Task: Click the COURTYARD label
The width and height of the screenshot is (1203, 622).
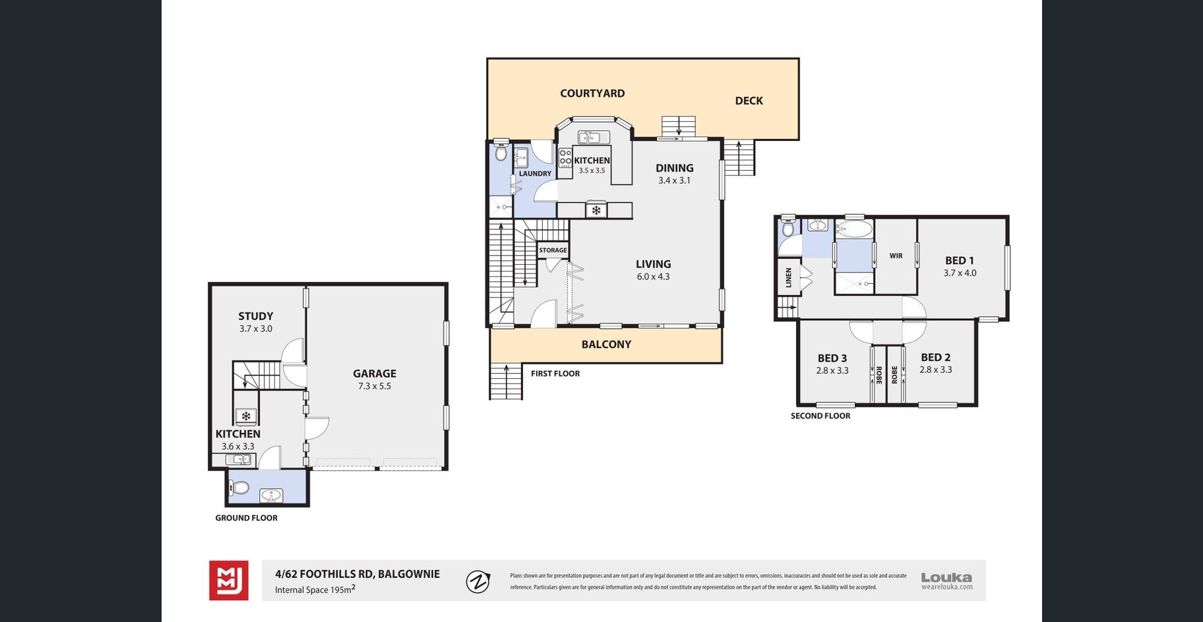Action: click(x=592, y=94)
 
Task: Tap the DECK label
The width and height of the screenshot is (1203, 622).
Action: click(x=749, y=101)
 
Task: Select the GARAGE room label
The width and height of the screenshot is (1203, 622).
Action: click(x=375, y=374)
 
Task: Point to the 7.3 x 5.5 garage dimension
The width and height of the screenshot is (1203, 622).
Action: click(x=375, y=386)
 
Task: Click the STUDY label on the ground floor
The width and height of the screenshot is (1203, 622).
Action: click(x=256, y=316)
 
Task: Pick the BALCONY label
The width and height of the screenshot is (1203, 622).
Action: click(x=606, y=345)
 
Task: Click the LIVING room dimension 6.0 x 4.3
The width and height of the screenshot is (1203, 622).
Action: click(x=653, y=277)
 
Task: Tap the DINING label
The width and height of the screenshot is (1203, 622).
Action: click(x=675, y=168)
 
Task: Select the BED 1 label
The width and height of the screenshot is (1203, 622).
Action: click(x=960, y=261)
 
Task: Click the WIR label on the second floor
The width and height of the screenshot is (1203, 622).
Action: click(x=896, y=256)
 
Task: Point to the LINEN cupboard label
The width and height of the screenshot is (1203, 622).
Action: click(x=788, y=277)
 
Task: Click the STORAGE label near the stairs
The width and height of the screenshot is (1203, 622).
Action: click(x=553, y=250)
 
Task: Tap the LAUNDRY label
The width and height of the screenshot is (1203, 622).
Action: click(x=535, y=174)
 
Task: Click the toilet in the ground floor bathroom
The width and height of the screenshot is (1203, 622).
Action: click(x=239, y=488)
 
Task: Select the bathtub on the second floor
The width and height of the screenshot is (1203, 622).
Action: click(x=854, y=230)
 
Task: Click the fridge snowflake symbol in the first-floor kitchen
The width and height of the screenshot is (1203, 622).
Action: click(x=596, y=210)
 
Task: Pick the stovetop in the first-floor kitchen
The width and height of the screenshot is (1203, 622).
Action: click(x=565, y=158)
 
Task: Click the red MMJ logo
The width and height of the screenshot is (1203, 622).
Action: click(x=229, y=580)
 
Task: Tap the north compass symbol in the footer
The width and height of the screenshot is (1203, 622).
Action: click(x=478, y=582)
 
